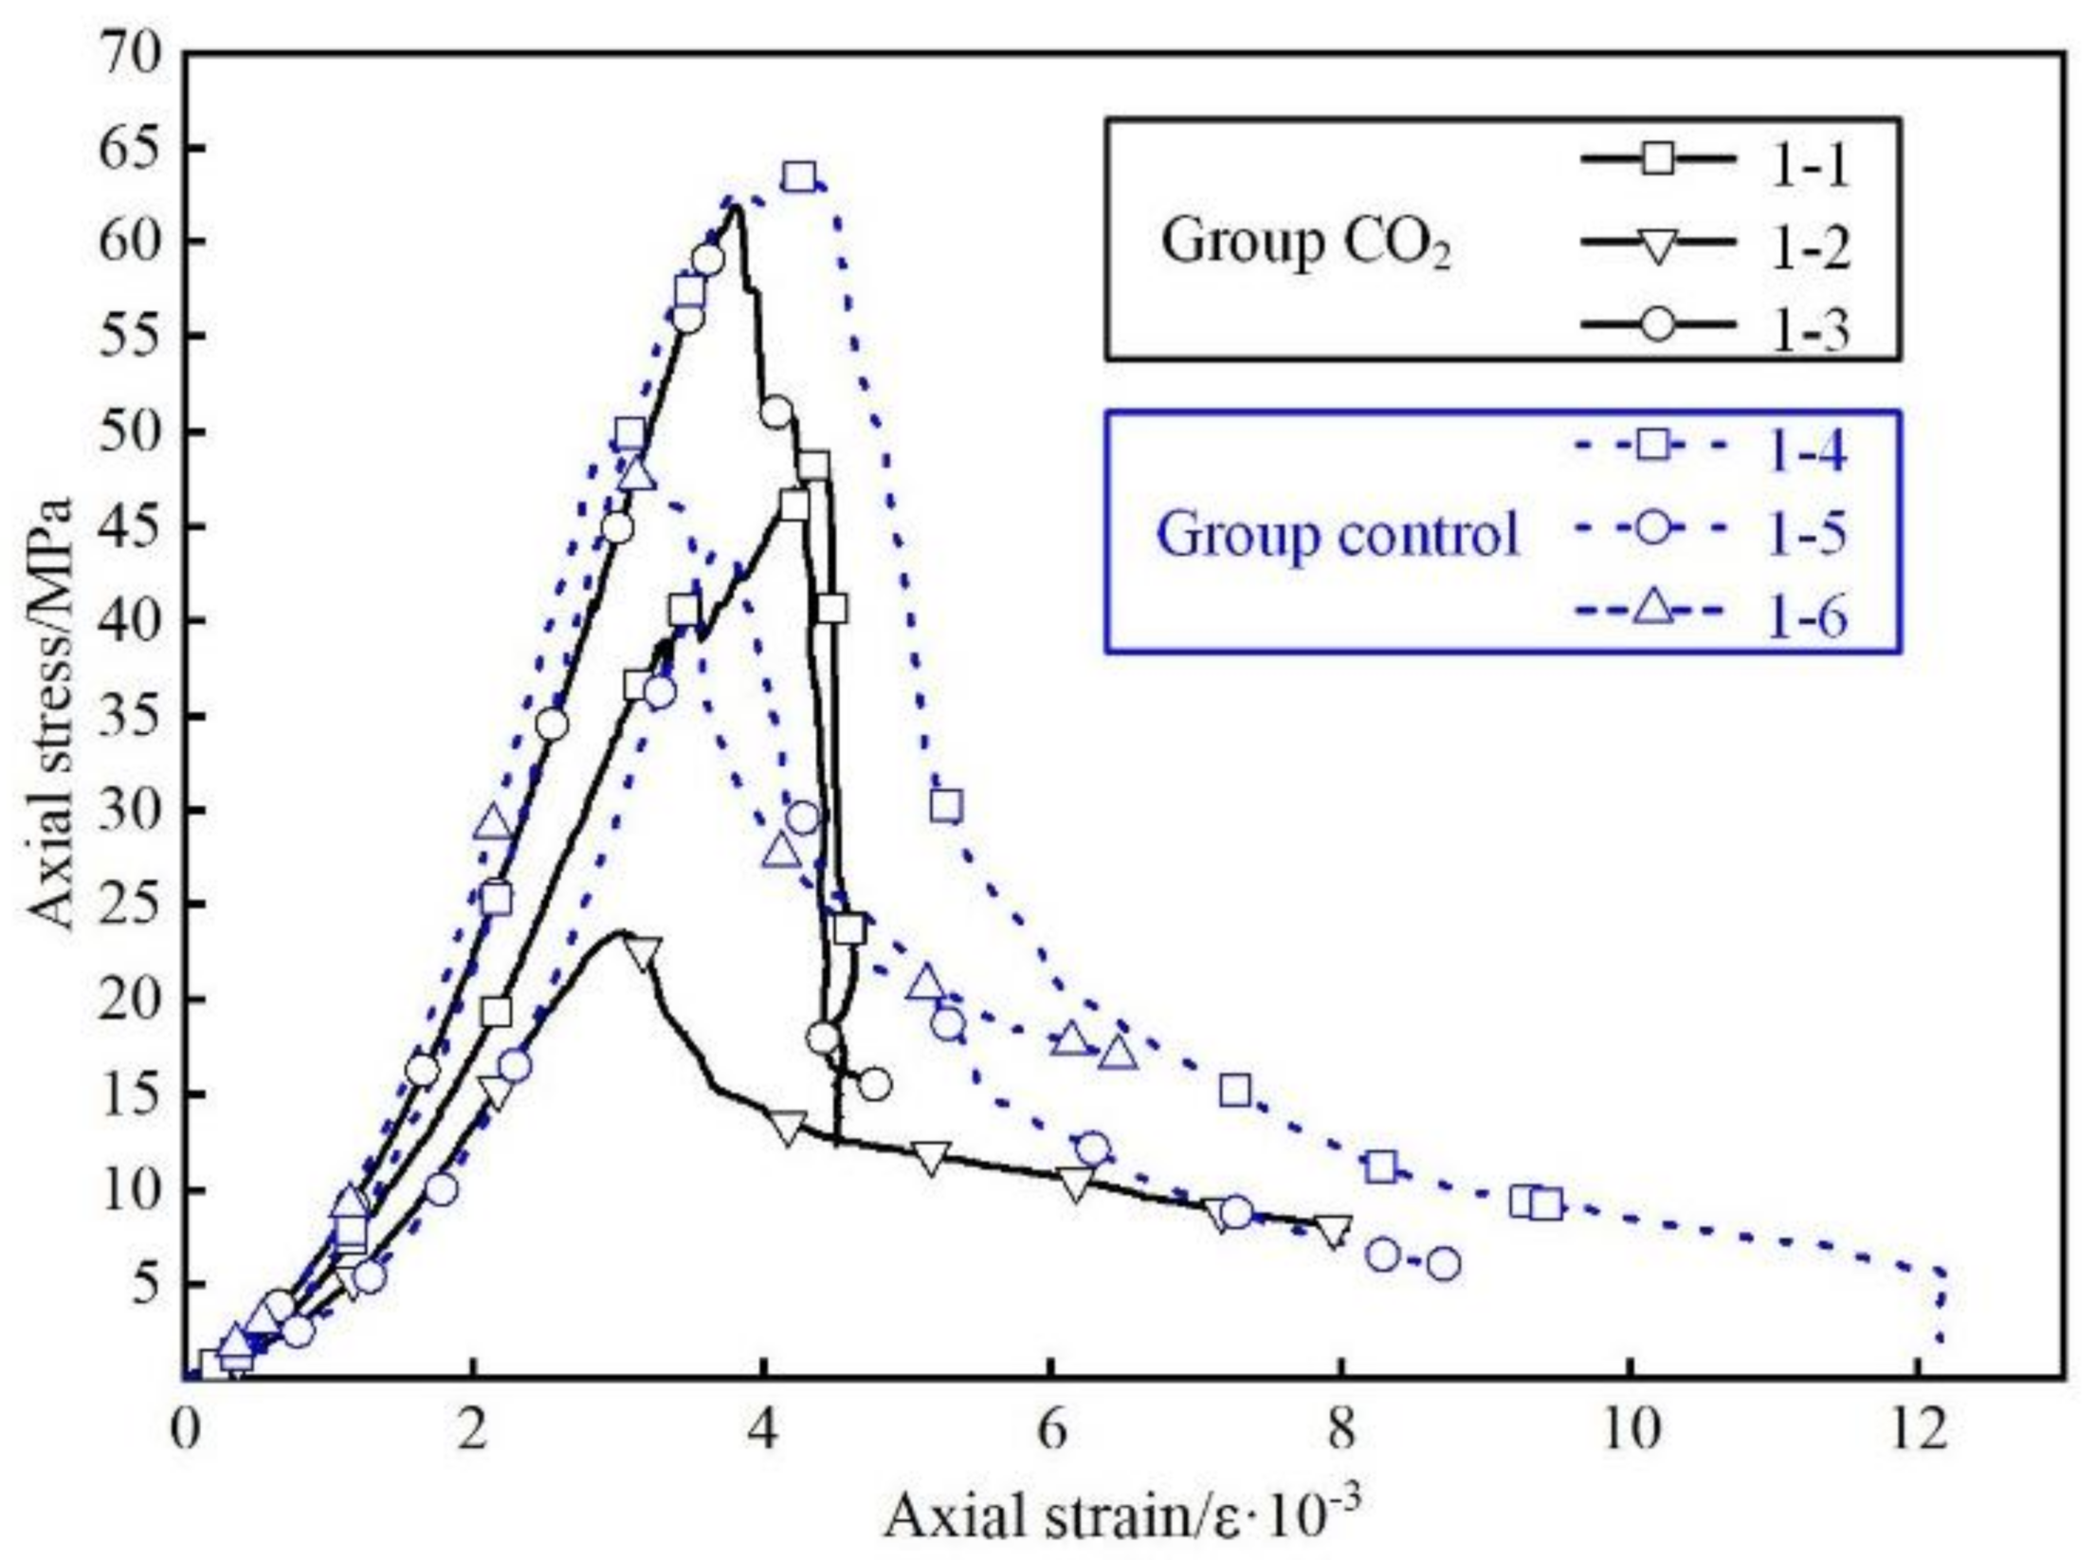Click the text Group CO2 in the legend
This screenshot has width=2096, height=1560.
(1306, 243)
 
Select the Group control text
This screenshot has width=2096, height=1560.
(1338, 533)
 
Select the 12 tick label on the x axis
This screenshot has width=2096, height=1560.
(1920, 1430)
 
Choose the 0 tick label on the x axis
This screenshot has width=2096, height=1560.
(185, 1430)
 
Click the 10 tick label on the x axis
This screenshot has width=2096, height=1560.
(1630, 1430)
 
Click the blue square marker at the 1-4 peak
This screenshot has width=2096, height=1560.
(801, 177)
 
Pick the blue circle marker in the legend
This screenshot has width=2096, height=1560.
(1655, 526)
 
